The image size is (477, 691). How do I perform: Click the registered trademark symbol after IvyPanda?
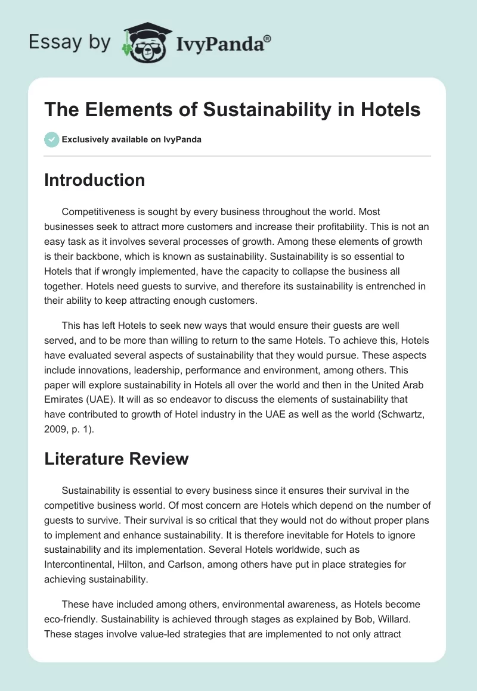tap(268, 39)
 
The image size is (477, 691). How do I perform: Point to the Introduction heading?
tap(94, 180)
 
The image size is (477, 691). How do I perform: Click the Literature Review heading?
tap(116, 458)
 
